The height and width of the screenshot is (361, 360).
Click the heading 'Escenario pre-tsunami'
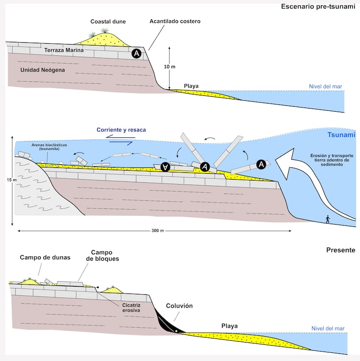[318, 6]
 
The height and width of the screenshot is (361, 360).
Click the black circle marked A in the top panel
[136, 54]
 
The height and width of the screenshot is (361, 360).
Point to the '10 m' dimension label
[170, 67]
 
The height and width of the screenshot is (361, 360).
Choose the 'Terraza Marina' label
[64, 50]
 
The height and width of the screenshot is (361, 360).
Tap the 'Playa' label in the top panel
[191, 86]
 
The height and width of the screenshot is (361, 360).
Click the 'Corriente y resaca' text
[121, 130]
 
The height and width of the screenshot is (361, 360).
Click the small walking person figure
[328, 219]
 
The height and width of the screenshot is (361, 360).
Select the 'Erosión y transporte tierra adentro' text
[331, 160]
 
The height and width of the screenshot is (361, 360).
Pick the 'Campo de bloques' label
[102, 256]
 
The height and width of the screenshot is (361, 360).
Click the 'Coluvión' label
[179, 306]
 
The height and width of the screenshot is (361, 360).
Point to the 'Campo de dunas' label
[40, 258]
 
